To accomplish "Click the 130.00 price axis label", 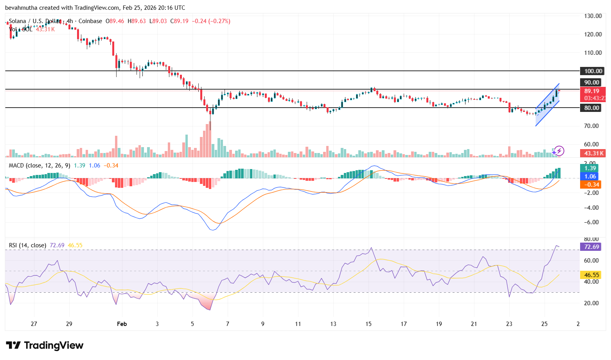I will pos(593,16).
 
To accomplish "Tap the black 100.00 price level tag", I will pos(593,71).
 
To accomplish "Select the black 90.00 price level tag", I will pos(592,83).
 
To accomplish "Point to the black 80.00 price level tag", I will pos(592,108).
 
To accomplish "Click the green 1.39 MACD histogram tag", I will pos(590,168).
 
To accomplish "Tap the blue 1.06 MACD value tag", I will pos(590,176).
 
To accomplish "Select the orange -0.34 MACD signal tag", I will pos(590,185).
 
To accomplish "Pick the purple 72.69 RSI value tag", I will pos(591,247).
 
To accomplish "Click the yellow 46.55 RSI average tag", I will pos(591,275).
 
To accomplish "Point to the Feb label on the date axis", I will pos(122,324).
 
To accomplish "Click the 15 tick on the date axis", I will pos(368,324).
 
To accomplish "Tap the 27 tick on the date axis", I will pos(34,324).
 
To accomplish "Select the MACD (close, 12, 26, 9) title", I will pos(40,166).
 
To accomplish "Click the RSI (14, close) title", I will pos(27,245).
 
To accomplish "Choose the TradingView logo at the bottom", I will pos(45,346).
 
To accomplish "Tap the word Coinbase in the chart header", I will pos(90,21).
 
